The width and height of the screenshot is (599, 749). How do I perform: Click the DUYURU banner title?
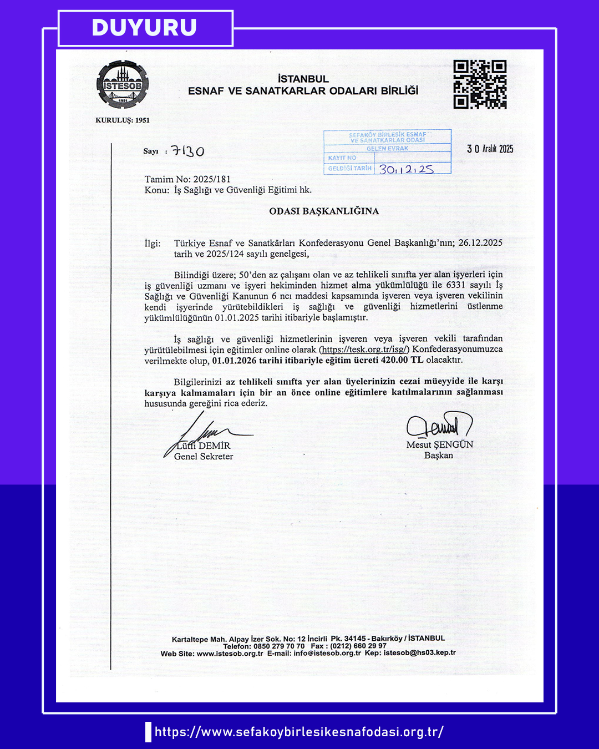pyautogui.click(x=144, y=28)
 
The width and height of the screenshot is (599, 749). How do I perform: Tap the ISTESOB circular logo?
pyautogui.click(x=123, y=84)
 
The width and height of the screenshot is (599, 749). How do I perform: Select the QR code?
pyautogui.click(x=480, y=84)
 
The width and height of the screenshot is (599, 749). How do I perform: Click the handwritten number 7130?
pyautogui.click(x=187, y=151)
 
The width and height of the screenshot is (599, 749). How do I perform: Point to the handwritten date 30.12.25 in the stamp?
pyautogui.click(x=407, y=169)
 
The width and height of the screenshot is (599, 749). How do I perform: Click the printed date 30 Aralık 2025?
pyautogui.click(x=490, y=149)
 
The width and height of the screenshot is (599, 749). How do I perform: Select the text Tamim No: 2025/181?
pyautogui.click(x=187, y=179)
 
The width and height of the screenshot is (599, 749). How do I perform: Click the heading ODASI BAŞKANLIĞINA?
pyautogui.click(x=324, y=211)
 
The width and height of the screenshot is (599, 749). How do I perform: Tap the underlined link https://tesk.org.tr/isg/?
pyautogui.click(x=364, y=350)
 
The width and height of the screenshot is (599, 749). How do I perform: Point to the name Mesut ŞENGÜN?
pyautogui.click(x=440, y=444)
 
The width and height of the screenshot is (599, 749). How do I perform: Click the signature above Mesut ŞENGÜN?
pyautogui.click(x=438, y=426)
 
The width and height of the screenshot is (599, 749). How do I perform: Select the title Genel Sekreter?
pyautogui.click(x=204, y=457)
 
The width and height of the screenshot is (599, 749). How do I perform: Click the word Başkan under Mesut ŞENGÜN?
pyautogui.click(x=439, y=456)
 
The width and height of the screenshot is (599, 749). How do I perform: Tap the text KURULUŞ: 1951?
pyautogui.click(x=123, y=120)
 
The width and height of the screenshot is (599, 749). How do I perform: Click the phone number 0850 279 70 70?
pyautogui.click(x=279, y=646)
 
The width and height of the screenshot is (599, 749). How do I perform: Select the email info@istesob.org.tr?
pyautogui.click(x=327, y=653)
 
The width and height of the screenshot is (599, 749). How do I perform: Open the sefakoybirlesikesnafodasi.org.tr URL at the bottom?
pyautogui.click(x=299, y=732)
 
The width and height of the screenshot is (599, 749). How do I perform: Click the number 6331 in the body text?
pyautogui.click(x=455, y=285)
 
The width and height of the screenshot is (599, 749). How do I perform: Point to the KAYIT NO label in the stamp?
pyautogui.click(x=342, y=158)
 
